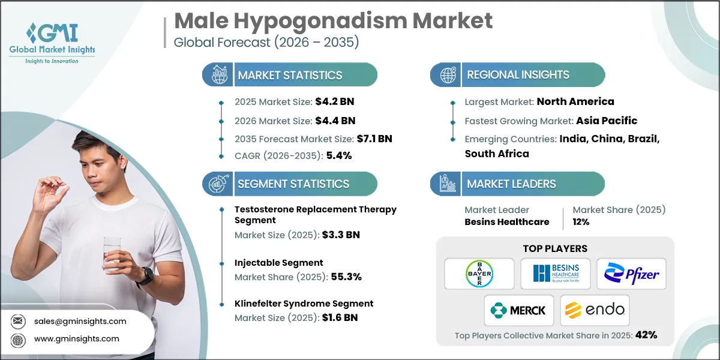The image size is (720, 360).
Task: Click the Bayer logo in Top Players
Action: [x=479, y=274]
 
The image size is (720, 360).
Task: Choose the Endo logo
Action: [x=595, y=310]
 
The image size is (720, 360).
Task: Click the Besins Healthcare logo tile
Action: [x=555, y=274]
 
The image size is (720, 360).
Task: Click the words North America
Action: [x=575, y=101]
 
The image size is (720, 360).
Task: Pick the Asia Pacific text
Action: [x=607, y=121]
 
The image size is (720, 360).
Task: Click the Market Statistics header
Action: [x=290, y=75]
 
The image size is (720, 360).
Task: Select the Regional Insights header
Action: [x=518, y=75]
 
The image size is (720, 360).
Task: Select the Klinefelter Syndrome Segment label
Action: [x=304, y=304]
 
